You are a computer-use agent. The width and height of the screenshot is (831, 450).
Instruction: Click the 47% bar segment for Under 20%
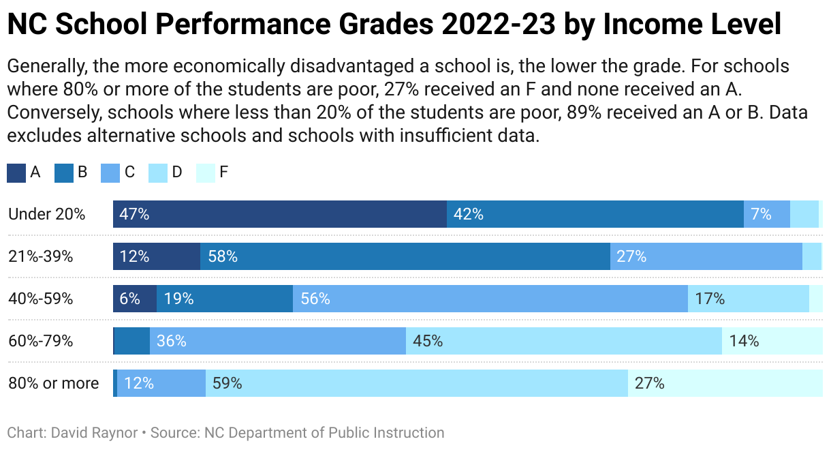(279, 214)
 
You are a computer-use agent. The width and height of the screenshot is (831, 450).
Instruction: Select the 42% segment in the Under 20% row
(595, 214)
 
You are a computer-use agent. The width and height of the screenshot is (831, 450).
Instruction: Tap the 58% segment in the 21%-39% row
(405, 256)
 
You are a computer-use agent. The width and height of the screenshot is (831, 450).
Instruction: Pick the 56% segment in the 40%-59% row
(490, 299)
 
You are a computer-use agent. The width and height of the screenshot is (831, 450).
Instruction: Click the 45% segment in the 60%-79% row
(563, 341)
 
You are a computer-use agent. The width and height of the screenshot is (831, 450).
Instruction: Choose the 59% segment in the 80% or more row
(416, 383)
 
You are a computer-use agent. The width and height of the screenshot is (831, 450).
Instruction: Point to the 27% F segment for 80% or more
(725, 383)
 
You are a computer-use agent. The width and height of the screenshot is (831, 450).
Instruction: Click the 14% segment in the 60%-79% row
(772, 341)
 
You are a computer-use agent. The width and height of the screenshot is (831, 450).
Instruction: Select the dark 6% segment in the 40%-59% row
(135, 299)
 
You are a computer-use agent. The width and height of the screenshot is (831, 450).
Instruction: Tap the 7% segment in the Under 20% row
(766, 214)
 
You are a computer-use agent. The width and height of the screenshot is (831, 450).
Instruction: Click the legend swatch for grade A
(16, 172)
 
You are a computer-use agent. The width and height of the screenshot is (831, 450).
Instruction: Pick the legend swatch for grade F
(205, 172)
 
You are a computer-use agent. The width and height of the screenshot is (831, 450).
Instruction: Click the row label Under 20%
(47, 214)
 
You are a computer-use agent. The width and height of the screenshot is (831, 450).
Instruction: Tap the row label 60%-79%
(41, 341)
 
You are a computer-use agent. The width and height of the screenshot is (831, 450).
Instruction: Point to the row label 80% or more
(53, 383)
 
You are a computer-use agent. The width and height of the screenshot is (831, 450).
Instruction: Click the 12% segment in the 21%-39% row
(157, 256)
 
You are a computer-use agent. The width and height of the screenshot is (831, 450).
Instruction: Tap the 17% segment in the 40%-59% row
(748, 299)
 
